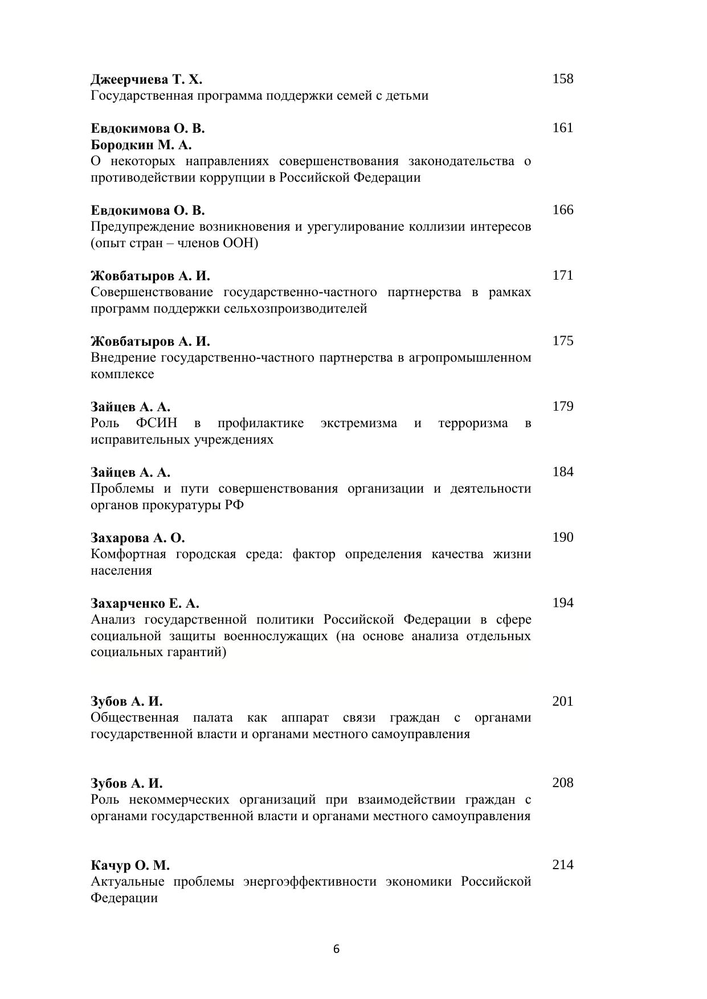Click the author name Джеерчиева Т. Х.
coord(146,79)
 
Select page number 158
coord(562,79)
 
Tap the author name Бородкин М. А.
coord(141,145)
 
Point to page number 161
coord(562,128)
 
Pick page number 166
coord(562,210)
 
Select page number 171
coord(562,275)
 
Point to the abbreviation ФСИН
coord(157,423)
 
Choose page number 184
coord(562,472)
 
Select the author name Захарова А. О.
coord(138,538)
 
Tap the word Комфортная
coord(128,554)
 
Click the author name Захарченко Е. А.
coord(145,603)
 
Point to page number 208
coord(562,783)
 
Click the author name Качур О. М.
coord(130,865)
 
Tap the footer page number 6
coord(336,949)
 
